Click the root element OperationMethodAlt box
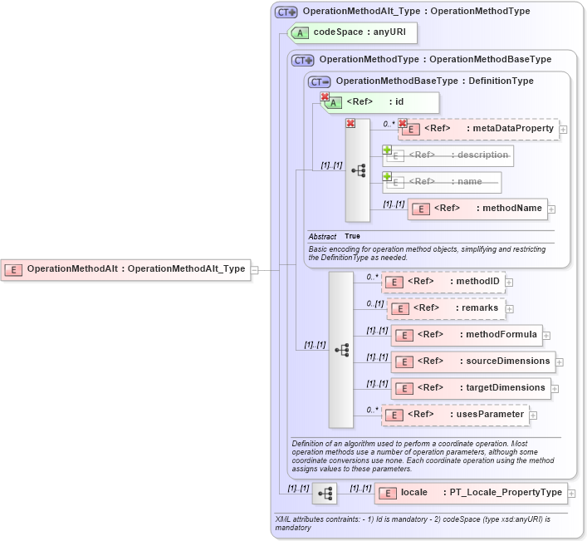pyautogui.click(x=125, y=269)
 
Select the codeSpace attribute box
pyautogui.click(x=352, y=33)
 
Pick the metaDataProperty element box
pyautogui.click(x=478, y=129)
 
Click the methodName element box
pyautogui.click(x=477, y=209)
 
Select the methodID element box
pyautogui.click(x=443, y=282)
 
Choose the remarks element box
pyautogui.click(x=447, y=308)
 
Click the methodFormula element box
pyautogui.click(x=467, y=335)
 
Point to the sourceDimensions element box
pyautogui.click(x=472, y=361)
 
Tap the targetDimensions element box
pyautogui.click(x=470, y=388)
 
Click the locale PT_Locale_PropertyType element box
pyautogui.click(x=471, y=493)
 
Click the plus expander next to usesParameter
pyautogui.click(x=533, y=416)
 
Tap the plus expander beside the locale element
pyautogui.click(x=571, y=494)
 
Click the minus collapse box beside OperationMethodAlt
pyautogui.click(x=255, y=269)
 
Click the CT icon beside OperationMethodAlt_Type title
pyautogui.click(x=286, y=12)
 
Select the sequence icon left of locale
pyautogui.click(x=325, y=494)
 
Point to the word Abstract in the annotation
pyautogui.click(x=322, y=237)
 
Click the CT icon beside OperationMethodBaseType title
pyautogui.click(x=319, y=81)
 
